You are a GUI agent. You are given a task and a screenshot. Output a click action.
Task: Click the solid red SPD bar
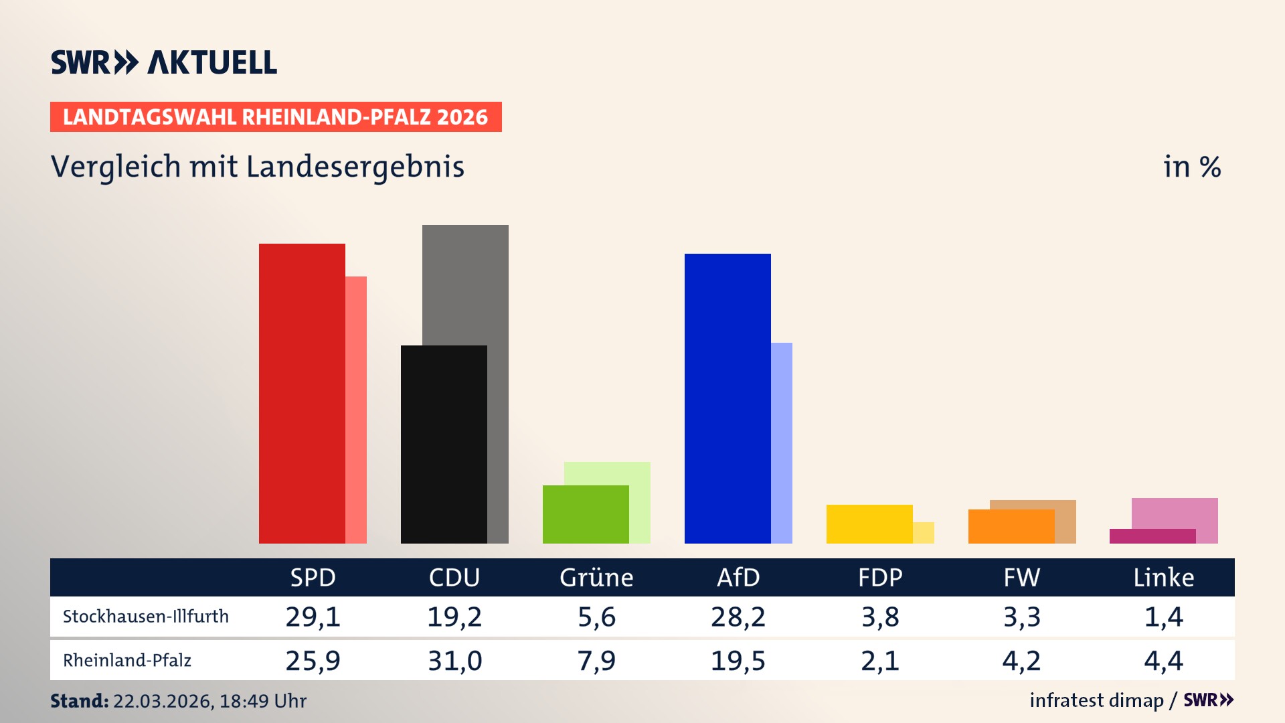tap(302, 394)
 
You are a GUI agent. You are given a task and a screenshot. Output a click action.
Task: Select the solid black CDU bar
tap(444, 445)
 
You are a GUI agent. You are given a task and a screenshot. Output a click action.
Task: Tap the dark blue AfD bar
tap(727, 398)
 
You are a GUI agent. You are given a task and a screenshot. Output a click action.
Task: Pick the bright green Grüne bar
tap(586, 514)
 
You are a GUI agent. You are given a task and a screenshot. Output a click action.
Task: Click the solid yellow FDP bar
tap(869, 524)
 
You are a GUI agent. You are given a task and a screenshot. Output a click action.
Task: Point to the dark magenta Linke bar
tap(1152, 536)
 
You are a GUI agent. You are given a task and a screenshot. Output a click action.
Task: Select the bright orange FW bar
tap(1011, 526)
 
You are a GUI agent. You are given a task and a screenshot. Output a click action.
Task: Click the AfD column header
tap(738, 578)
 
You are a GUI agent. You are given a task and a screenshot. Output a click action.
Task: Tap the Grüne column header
tap(596, 578)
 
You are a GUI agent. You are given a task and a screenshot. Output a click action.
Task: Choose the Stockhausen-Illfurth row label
tap(146, 617)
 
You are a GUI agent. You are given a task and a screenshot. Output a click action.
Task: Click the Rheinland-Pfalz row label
tap(127, 661)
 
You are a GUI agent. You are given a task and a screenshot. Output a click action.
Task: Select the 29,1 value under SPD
tap(313, 617)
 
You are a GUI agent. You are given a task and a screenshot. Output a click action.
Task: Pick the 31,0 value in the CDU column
tap(454, 661)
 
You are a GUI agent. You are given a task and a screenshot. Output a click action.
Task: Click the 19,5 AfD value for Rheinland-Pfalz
tap(738, 661)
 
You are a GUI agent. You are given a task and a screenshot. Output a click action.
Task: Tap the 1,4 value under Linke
tap(1163, 617)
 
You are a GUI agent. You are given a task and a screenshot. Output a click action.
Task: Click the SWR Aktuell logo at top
tap(164, 62)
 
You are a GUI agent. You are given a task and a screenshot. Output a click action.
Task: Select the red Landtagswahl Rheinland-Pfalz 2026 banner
tap(276, 117)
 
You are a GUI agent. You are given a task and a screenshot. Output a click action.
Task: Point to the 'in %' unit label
tap(1192, 167)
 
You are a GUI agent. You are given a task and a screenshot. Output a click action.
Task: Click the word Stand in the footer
tap(79, 701)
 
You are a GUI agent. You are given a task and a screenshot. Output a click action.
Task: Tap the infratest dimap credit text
tap(1096, 700)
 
